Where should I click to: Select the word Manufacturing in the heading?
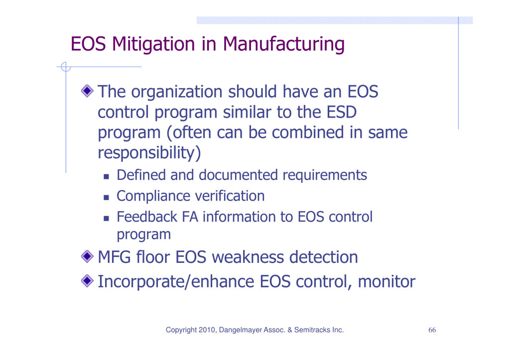click(283, 44)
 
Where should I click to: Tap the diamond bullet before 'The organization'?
click(87, 91)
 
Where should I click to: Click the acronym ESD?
click(342, 112)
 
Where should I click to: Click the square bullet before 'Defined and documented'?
click(106, 177)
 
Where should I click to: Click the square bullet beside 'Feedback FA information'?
click(106, 218)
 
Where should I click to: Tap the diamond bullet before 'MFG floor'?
click(87, 256)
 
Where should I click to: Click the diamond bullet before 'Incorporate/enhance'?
click(87, 281)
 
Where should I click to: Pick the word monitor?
click(386, 281)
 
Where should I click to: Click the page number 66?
click(432, 330)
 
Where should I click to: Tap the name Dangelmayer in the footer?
click(241, 330)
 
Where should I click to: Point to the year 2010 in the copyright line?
click(207, 330)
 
